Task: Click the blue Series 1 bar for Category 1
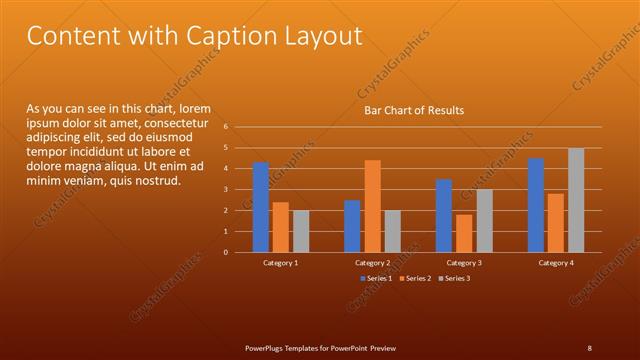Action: click(261, 207)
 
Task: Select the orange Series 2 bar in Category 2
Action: click(372, 206)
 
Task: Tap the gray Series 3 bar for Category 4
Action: click(576, 200)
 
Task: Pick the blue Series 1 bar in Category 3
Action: click(444, 216)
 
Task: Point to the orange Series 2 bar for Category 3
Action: click(464, 233)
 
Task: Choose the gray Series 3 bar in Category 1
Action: click(301, 231)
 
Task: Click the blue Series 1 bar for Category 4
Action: click(536, 205)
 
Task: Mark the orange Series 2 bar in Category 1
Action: click(281, 227)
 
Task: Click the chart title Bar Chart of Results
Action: click(413, 110)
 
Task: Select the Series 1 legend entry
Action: click(376, 277)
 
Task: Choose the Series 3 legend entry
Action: click(455, 277)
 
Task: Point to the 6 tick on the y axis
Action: click(227, 127)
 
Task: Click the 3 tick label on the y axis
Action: click(227, 189)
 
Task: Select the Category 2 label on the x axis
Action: click(372, 262)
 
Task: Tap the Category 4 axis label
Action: click(556, 262)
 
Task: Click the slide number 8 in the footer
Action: click(589, 347)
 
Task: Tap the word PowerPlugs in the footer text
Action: click(268, 347)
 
